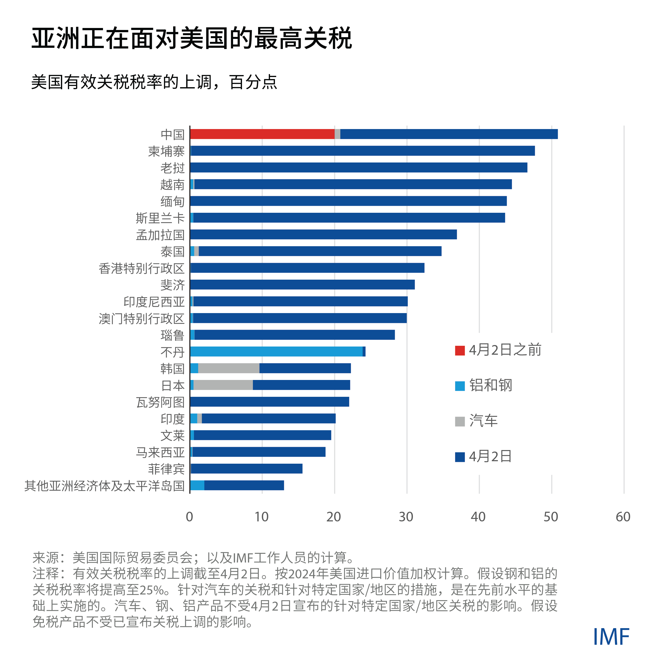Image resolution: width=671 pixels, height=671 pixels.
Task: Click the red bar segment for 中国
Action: coord(262,134)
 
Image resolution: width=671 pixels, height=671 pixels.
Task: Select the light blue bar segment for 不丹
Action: coord(276,351)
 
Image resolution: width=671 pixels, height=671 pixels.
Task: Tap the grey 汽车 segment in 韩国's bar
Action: coord(229,368)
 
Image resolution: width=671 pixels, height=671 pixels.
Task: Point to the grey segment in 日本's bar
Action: coord(223,385)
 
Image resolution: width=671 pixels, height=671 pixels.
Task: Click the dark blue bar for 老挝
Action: coord(358,167)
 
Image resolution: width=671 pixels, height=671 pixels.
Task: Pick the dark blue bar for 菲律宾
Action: coord(247,469)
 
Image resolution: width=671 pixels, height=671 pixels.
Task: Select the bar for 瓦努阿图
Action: coord(269,402)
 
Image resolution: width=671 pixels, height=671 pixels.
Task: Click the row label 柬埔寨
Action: coord(166,151)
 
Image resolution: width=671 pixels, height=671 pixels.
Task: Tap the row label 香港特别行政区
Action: coord(141,268)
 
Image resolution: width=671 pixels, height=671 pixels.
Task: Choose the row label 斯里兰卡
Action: coord(160,218)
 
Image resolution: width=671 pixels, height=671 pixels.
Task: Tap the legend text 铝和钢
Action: coord(491,385)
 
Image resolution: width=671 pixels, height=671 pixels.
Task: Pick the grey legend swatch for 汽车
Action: coord(460,422)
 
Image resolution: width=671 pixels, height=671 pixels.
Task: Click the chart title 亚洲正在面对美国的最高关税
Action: coord(192,38)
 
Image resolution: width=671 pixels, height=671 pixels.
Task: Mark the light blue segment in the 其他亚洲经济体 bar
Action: coord(197,485)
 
